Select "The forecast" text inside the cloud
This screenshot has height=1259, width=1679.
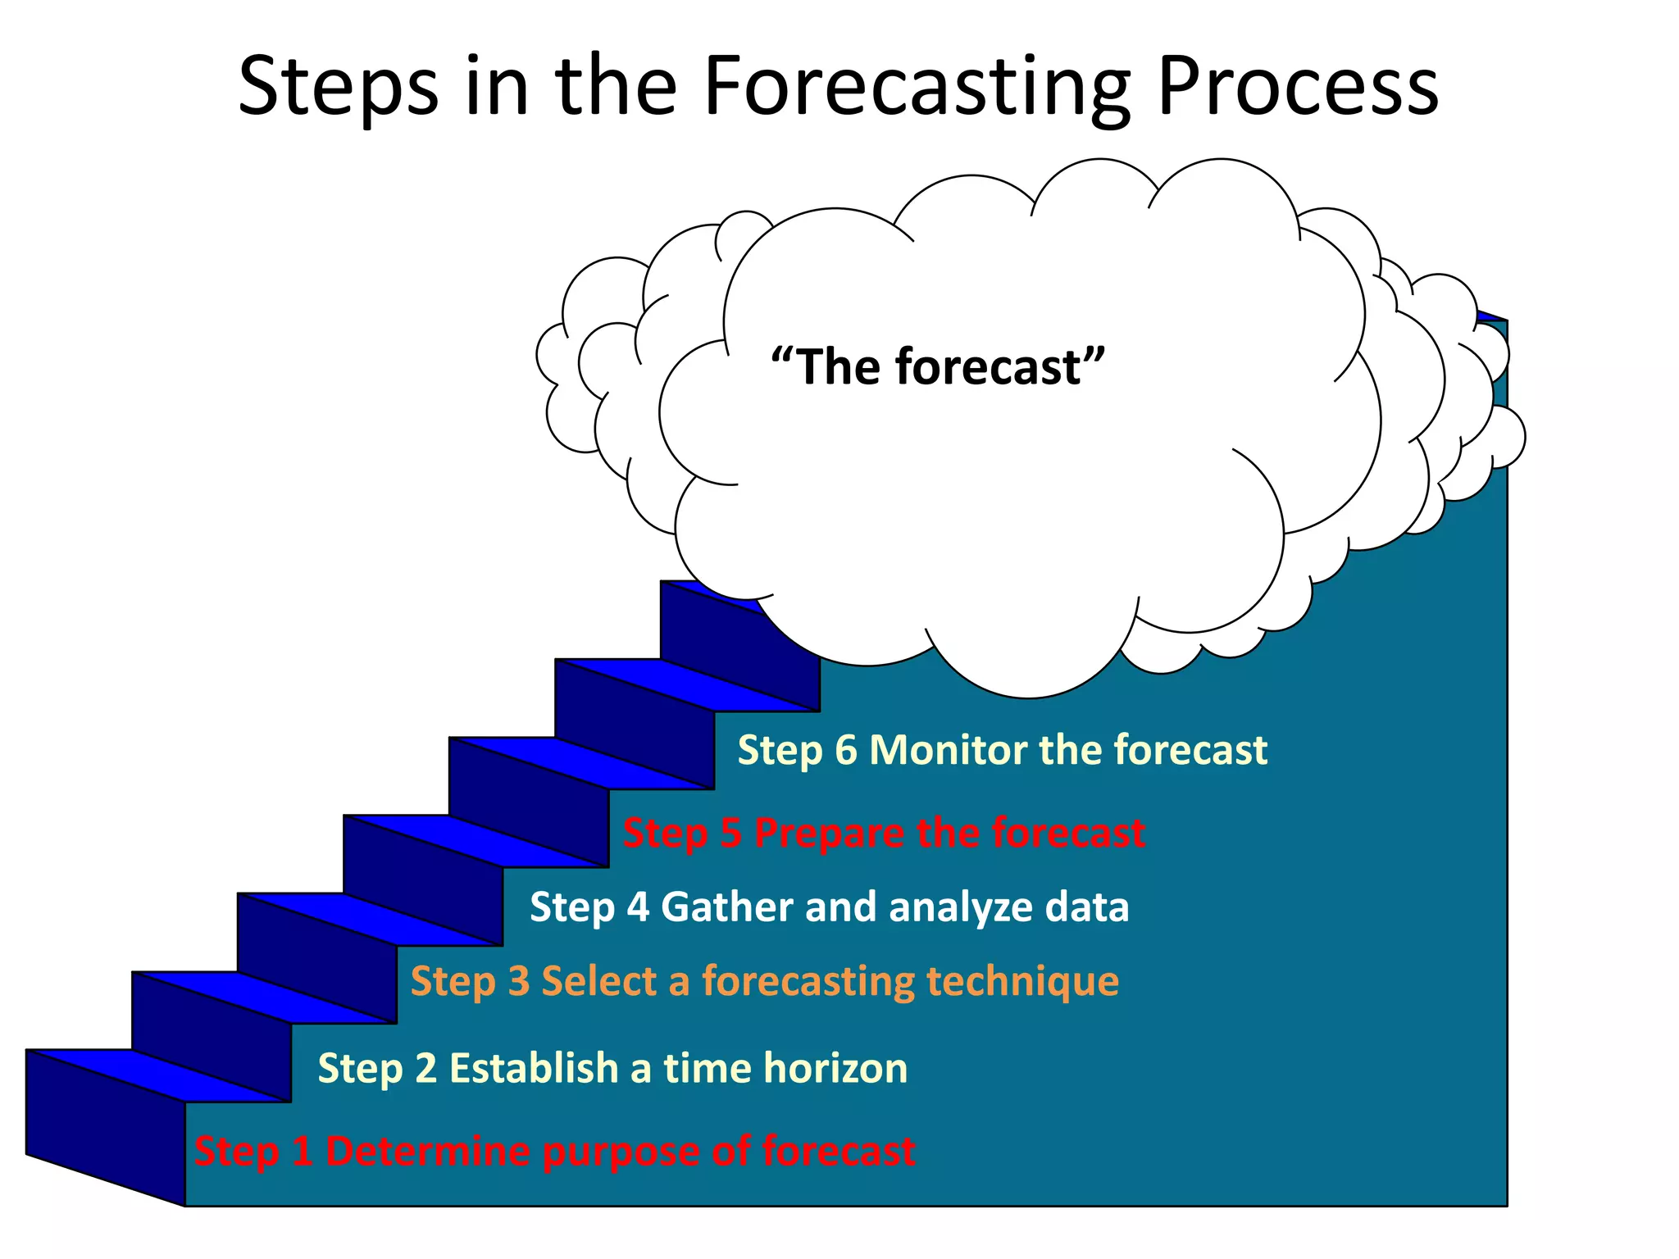pyautogui.click(x=938, y=366)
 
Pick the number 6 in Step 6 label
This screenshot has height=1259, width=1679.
pyautogui.click(x=845, y=750)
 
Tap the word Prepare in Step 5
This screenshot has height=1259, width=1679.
pyautogui.click(x=829, y=833)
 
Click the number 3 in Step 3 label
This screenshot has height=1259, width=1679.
pyautogui.click(x=518, y=981)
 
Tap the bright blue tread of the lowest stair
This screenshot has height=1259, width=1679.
pyautogui.click(x=156, y=1075)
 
